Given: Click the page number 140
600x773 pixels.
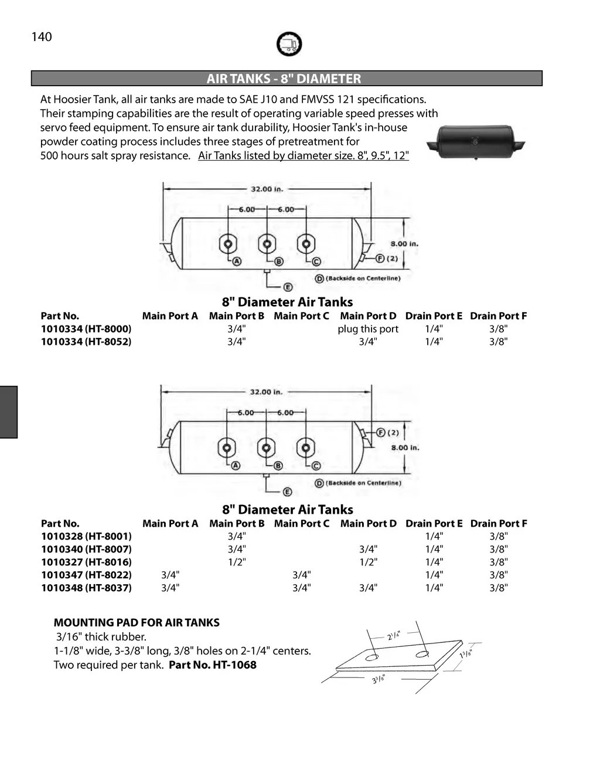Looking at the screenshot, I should [42, 37].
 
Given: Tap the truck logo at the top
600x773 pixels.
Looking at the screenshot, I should [289, 44].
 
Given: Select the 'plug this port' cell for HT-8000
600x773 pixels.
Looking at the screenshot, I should [368, 329].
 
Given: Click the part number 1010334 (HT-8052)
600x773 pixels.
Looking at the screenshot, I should [86, 341].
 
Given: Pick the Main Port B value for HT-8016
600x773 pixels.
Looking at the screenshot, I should [237, 562].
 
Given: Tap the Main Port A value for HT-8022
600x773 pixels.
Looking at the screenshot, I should [170, 575].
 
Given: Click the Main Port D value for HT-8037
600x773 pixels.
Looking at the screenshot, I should [368, 588].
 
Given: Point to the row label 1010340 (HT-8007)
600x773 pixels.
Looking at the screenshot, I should [86, 549].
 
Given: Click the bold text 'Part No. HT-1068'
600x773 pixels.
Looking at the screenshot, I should [213, 665].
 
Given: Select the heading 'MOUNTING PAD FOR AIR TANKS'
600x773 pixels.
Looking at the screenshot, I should [137, 623].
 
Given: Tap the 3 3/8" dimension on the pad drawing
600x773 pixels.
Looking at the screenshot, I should [379, 679].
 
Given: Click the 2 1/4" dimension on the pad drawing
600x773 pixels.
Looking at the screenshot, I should [393, 636].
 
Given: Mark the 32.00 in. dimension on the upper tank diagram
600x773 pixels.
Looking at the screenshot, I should [267, 189].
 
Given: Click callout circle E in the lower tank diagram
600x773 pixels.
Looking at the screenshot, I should [288, 492].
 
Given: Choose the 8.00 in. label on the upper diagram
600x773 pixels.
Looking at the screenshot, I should [404, 244].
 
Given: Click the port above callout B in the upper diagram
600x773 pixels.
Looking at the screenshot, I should [267, 243].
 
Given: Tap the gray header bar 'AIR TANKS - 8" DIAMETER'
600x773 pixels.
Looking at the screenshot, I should [287, 79].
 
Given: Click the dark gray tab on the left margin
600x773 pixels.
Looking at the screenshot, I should [8, 412].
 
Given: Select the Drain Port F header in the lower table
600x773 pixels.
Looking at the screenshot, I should [499, 523].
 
